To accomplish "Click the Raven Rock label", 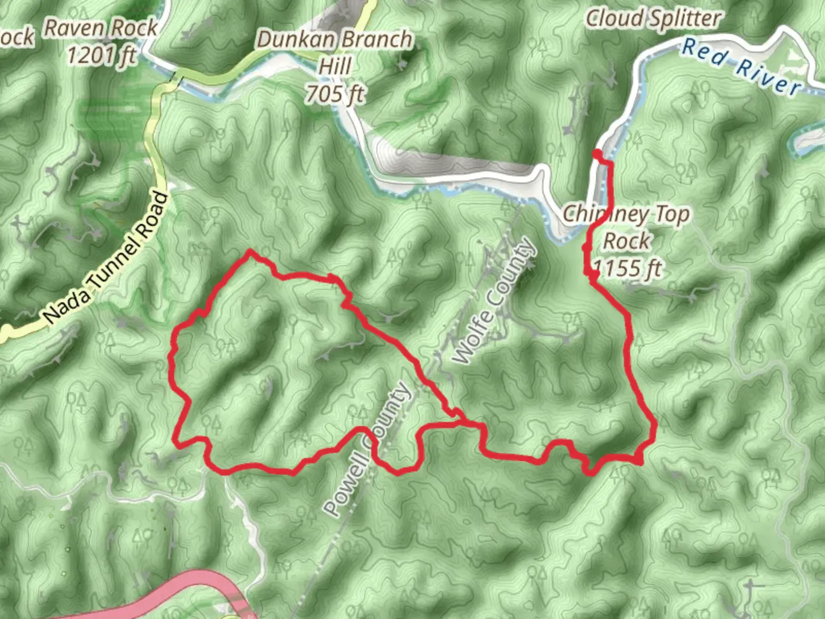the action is tap(101, 28).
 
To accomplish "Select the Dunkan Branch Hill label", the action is tap(335, 39).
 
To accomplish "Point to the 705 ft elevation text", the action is tap(335, 93).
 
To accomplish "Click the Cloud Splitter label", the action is tap(653, 18).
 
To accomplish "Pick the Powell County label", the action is tap(367, 449).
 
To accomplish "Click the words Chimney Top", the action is tap(627, 214).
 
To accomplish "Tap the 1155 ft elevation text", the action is tap(628, 267).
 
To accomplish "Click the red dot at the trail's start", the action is tap(597, 153).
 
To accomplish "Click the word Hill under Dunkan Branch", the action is tap(335, 65).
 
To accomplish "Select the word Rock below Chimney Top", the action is tap(627, 241).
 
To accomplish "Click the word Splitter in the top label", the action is tap(685, 18).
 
